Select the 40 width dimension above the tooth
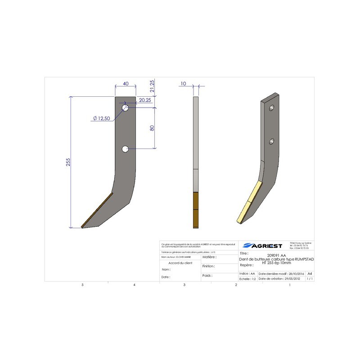tap(126, 84)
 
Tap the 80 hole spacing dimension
tap(152, 128)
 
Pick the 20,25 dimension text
tap(145, 100)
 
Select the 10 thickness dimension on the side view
tap(183, 84)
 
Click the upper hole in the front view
tap(125, 108)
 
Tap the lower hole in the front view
tap(125, 148)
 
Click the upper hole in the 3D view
tap(272, 108)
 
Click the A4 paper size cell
tap(309, 273)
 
